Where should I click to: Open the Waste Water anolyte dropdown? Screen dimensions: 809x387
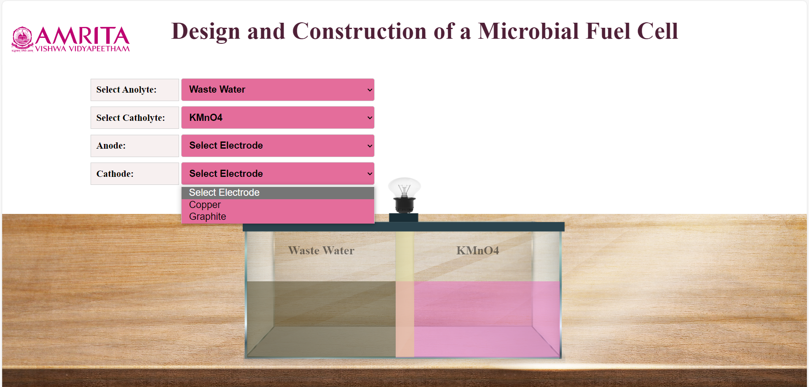coord(278,90)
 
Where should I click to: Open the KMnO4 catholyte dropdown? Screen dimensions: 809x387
coord(278,117)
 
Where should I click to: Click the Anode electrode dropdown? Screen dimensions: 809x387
coord(278,146)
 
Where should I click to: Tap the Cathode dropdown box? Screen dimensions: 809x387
coord(278,173)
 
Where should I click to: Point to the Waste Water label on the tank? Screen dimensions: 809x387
coord(321,251)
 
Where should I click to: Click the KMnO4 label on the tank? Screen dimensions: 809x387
coord(477,251)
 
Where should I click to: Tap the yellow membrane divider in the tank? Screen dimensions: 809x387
coord(404,294)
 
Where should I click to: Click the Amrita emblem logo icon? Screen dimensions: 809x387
coord(22,39)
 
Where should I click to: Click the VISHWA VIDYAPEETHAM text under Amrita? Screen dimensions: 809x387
coord(83,49)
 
